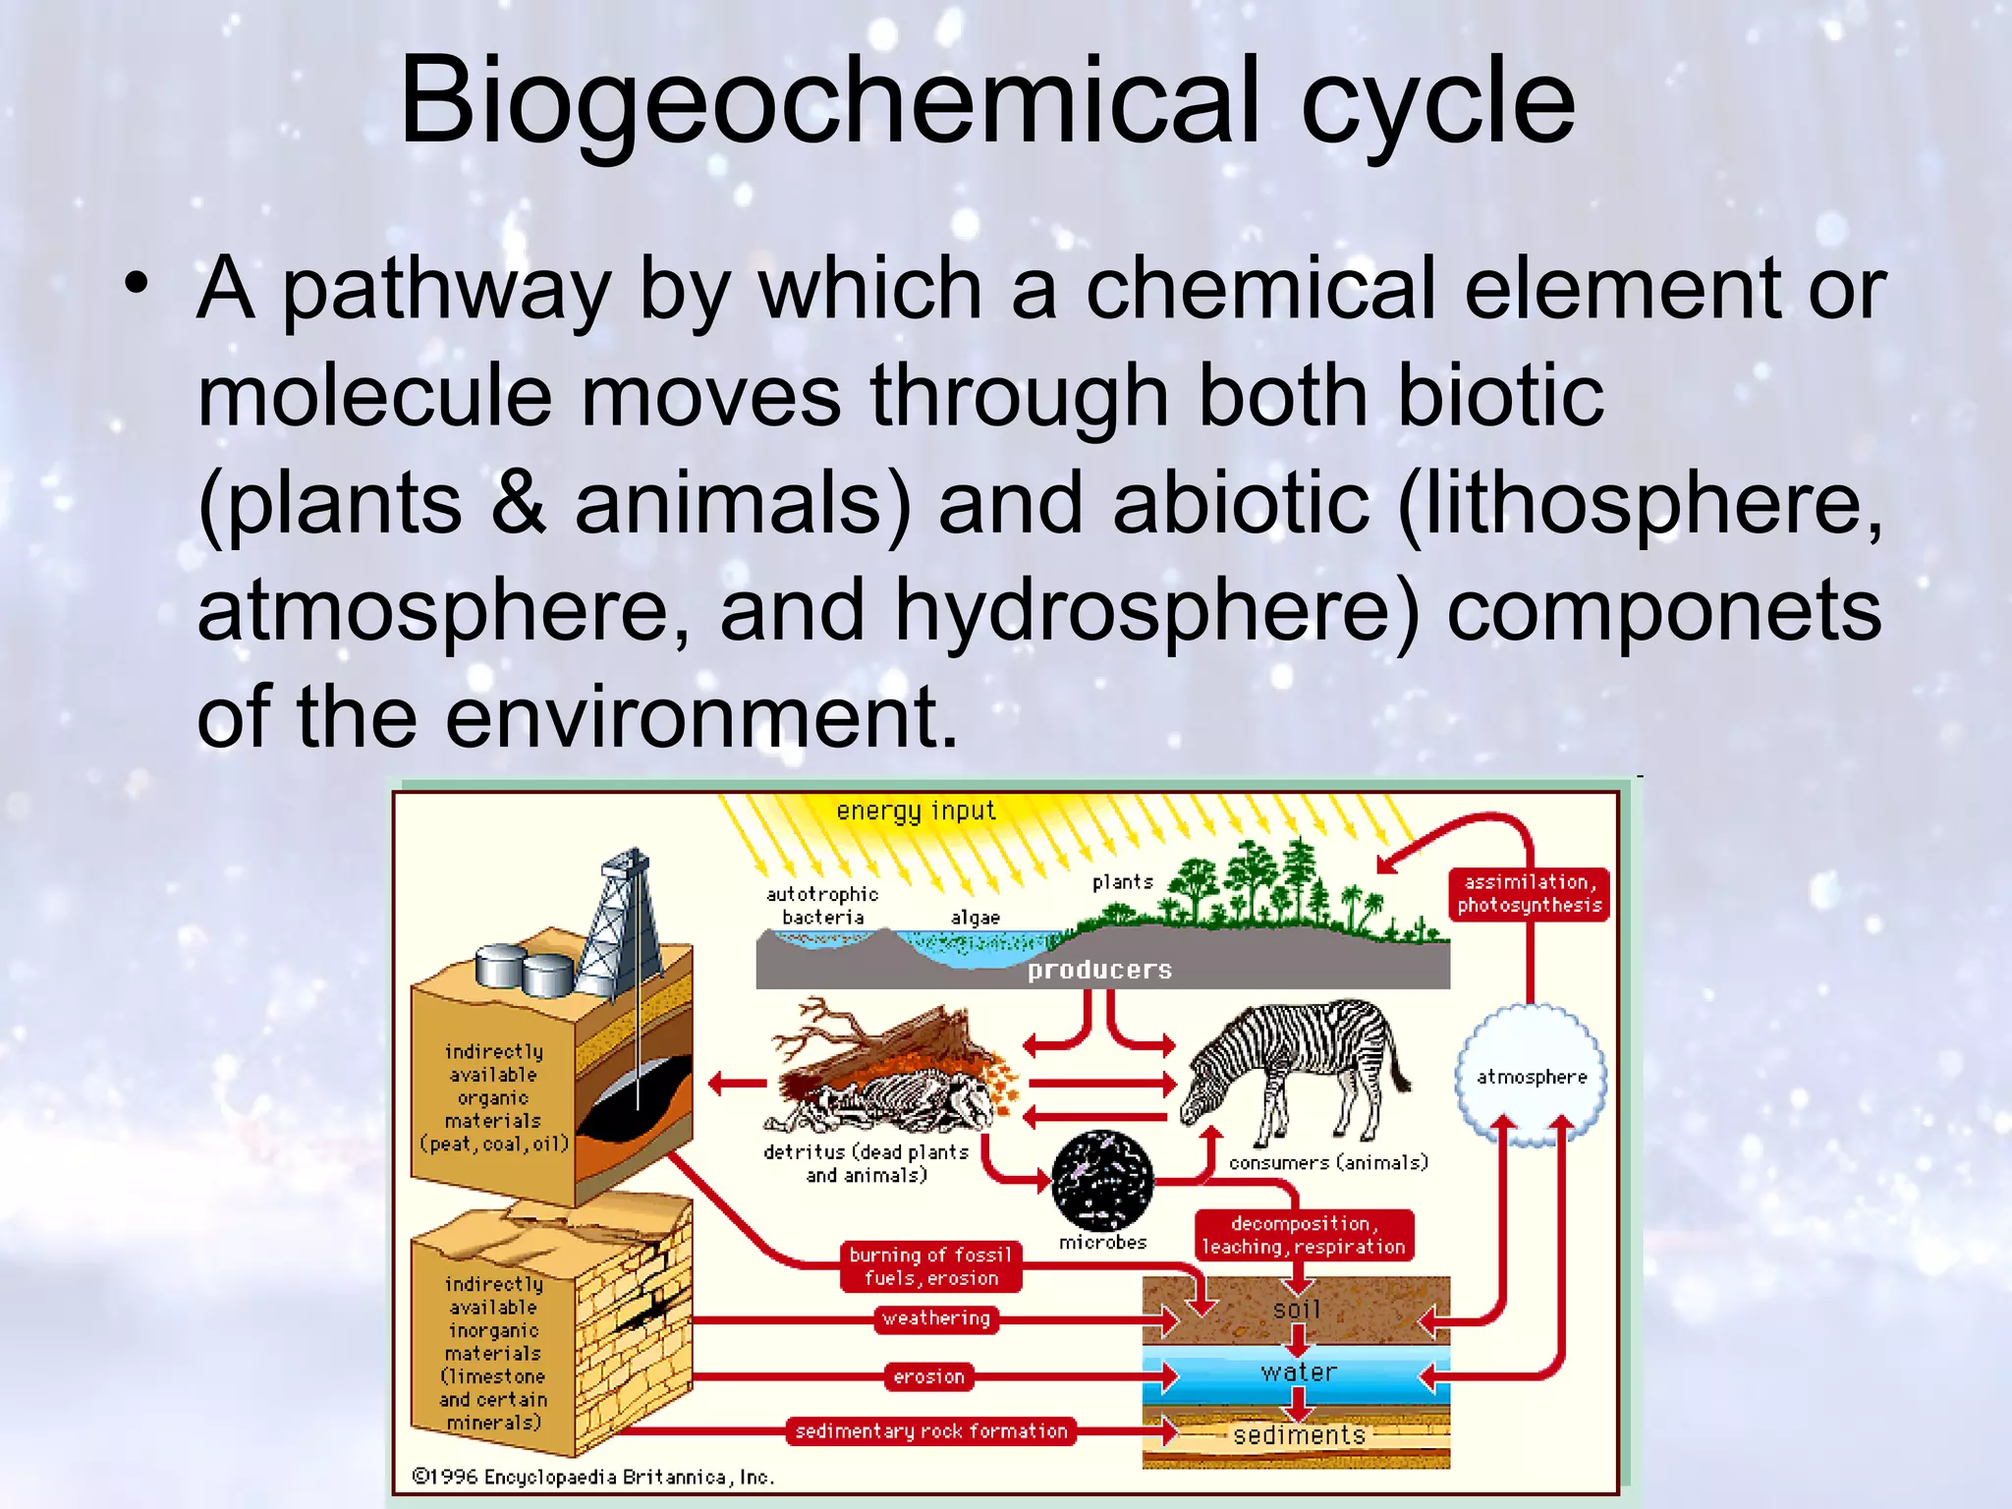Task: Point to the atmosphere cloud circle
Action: pos(1532,1076)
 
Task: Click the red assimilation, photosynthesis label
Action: pos(1529,893)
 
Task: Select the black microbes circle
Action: pos(1102,1180)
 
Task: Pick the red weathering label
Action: pos(935,1318)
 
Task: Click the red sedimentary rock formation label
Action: pos(930,1431)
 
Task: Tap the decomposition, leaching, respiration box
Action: pos(1304,1235)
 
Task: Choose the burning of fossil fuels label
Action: pos(930,1266)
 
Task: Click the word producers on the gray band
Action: pos(1099,971)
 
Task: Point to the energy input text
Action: pos(916,811)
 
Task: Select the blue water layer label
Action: pos(1298,1372)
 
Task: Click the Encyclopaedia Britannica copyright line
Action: pos(593,1477)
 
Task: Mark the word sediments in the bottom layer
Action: pos(1299,1435)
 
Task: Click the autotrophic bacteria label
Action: pos(822,905)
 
